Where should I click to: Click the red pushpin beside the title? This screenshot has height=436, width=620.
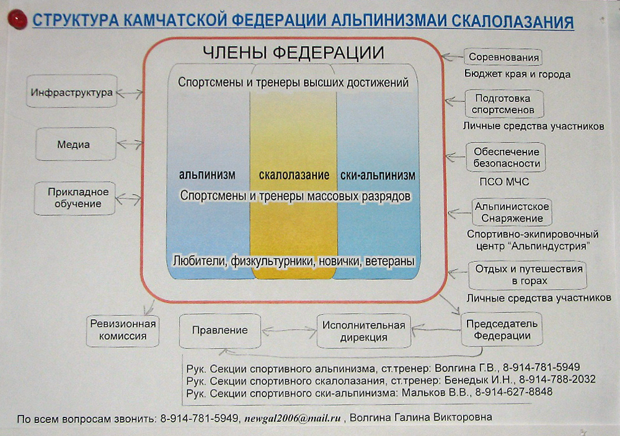pyautogui.click(x=17, y=20)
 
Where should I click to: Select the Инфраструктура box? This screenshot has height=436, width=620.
pyautogui.click(x=71, y=91)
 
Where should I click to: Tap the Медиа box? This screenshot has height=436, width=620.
pyautogui.click(x=76, y=144)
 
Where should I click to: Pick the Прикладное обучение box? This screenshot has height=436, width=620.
pyautogui.click(x=75, y=198)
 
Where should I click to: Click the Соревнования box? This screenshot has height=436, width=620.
pyautogui.click(x=503, y=57)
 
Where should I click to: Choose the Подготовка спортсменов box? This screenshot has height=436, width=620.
pyautogui.click(x=504, y=104)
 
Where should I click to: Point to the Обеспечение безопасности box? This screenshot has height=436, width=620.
pyautogui.click(x=506, y=157)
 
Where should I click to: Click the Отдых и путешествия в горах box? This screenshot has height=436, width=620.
pyautogui.click(x=528, y=275)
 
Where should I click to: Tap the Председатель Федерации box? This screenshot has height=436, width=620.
pyautogui.click(x=502, y=329)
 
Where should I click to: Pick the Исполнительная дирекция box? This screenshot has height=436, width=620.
pyautogui.click(x=364, y=331)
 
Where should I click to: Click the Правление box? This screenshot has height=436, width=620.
pyautogui.click(x=220, y=331)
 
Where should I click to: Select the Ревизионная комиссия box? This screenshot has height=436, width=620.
pyautogui.click(x=123, y=331)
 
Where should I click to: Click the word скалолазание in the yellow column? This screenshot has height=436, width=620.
pyautogui.click(x=294, y=175)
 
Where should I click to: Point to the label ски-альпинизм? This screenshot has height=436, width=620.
pyautogui.click(x=378, y=175)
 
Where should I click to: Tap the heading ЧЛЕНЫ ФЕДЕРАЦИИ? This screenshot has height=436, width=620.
pyautogui.click(x=293, y=53)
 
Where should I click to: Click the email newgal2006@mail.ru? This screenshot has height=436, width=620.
pyautogui.click(x=293, y=418)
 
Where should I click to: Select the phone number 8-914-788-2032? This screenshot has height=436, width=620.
pyautogui.click(x=557, y=380)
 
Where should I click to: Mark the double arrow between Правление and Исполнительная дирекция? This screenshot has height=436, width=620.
pyautogui.click(x=289, y=331)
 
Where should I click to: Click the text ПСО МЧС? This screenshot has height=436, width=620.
pyautogui.click(x=504, y=181)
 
